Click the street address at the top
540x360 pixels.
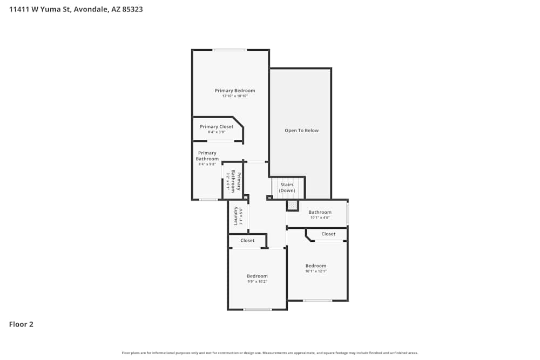pos(76,9)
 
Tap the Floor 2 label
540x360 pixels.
pos(21,324)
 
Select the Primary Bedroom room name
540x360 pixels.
pos(235,91)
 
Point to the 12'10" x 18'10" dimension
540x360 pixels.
pos(235,96)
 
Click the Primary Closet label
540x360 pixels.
pos(217,127)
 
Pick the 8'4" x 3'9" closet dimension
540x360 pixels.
pos(217,132)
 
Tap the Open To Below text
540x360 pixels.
pos(301,131)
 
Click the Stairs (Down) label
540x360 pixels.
pos(287,187)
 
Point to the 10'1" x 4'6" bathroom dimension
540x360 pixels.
pos(320,218)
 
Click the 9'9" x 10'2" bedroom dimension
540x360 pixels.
pos(257,282)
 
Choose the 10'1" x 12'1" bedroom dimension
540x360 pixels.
pos(316,271)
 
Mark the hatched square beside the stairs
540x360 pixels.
pos(292,205)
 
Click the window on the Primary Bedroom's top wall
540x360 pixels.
pos(230,50)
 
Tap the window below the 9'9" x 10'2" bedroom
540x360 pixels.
pos(258,309)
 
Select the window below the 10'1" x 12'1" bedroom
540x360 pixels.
pos(317,300)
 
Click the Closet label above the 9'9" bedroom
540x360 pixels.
pos(247,241)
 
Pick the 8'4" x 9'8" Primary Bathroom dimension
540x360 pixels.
pos(207,164)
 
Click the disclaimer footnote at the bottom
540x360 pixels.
pos(270,353)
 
